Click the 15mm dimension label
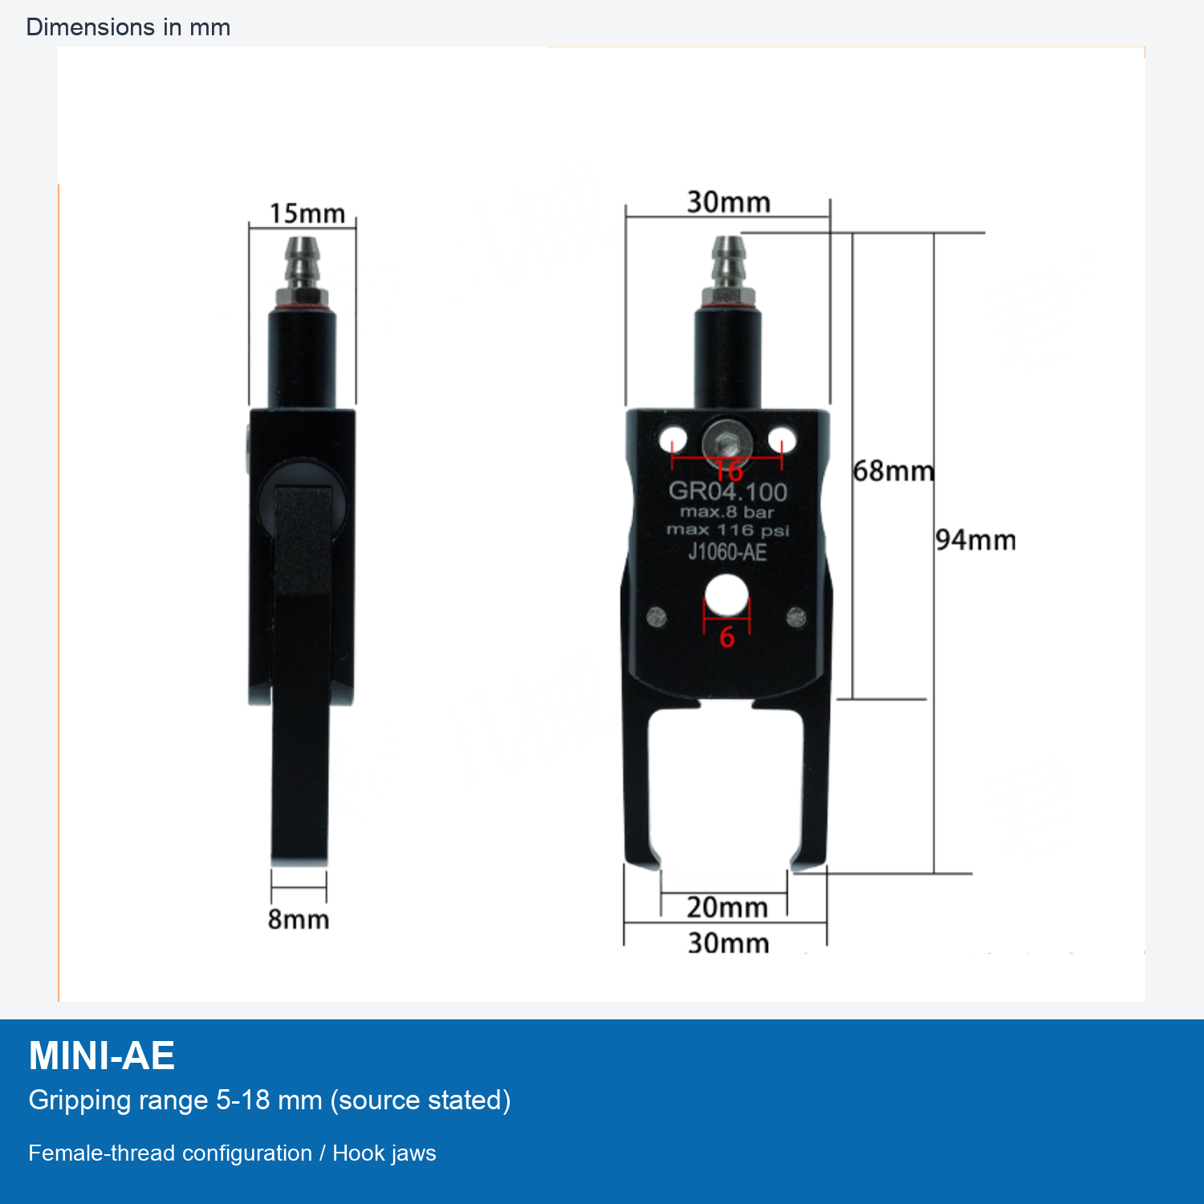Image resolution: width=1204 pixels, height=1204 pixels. [x=307, y=214]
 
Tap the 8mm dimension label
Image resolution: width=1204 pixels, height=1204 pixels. [x=299, y=919]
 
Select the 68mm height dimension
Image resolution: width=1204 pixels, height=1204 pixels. [x=893, y=470]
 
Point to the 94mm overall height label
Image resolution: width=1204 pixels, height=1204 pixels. [x=975, y=540]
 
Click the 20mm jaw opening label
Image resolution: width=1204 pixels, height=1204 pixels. [x=727, y=907]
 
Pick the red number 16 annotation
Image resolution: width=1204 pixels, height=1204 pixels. [x=729, y=470]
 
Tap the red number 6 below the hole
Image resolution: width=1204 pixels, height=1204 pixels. [x=726, y=637]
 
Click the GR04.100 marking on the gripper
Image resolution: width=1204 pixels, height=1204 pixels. [x=728, y=491]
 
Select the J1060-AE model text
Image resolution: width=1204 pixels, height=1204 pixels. [x=727, y=552]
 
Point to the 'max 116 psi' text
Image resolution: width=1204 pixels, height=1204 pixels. [x=728, y=530]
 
